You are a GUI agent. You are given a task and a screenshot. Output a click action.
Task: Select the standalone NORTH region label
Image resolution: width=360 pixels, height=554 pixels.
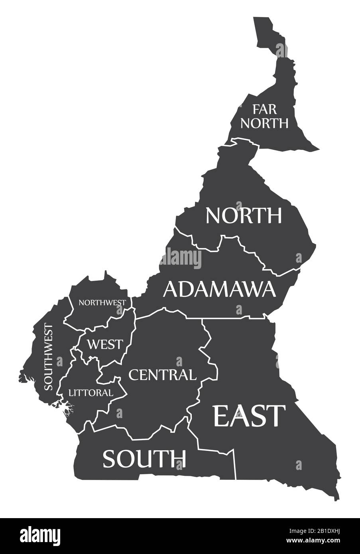point(244,215)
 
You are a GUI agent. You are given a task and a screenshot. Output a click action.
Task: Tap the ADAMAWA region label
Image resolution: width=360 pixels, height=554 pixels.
point(219,289)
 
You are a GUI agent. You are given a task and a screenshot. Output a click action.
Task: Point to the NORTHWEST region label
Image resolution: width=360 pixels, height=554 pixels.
point(102,303)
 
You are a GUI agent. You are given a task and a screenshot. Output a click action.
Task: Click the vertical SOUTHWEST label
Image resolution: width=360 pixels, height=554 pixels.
point(48,357)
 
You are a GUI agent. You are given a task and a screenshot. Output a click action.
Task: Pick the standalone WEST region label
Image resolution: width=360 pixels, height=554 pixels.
point(105,344)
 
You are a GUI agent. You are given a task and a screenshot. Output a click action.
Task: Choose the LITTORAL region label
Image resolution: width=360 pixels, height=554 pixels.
point(90,393)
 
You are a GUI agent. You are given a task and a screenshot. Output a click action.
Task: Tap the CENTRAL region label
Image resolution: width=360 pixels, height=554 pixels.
point(162,375)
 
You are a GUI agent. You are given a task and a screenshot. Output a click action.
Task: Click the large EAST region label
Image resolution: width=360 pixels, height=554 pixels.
point(250,415)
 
